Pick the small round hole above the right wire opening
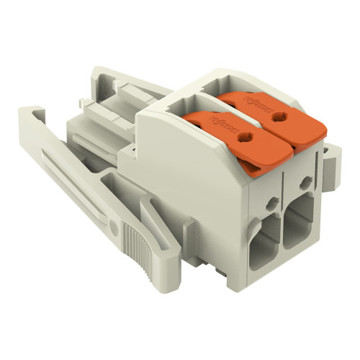click(306, 183)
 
